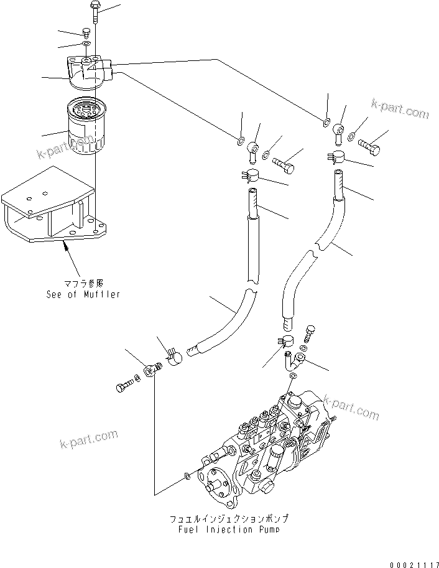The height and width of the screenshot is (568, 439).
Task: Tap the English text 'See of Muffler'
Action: pyautogui.click(x=83, y=294)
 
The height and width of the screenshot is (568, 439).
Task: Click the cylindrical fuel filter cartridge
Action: pyautogui.click(x=86, y=130)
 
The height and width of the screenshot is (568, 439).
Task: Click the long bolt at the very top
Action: pyautogui.click(x=93, y=12)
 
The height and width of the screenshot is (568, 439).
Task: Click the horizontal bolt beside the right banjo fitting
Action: pyautogui.click(x=371, y=144)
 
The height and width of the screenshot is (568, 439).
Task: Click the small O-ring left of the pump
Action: pyautogui.click(x=188, y=477)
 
